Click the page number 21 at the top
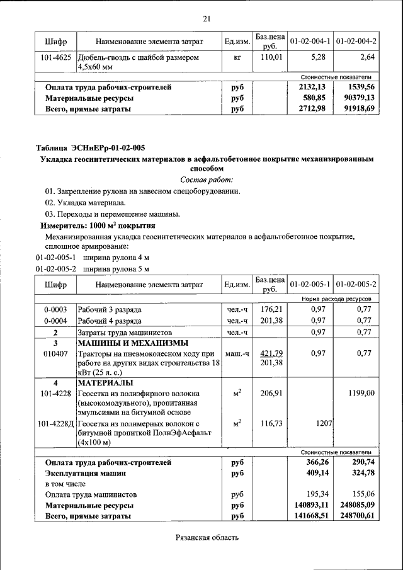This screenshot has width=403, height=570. [x=205, y=18]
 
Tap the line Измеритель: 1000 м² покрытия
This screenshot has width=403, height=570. [x=98, y=225]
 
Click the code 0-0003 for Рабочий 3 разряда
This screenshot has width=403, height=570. [x=55, y=310]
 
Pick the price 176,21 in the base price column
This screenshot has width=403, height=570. [x=270, y=310]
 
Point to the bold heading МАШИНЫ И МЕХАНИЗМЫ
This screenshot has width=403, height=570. [x=132, y=343]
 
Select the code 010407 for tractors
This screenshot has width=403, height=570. [x=55, y=353]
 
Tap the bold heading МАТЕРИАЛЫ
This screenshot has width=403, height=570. [x=105, y=383]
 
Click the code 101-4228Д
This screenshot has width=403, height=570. [x=55, y=424]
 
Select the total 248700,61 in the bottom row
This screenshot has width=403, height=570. [x=355, y=516]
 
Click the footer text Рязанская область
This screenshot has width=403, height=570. [x=205, y=538]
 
